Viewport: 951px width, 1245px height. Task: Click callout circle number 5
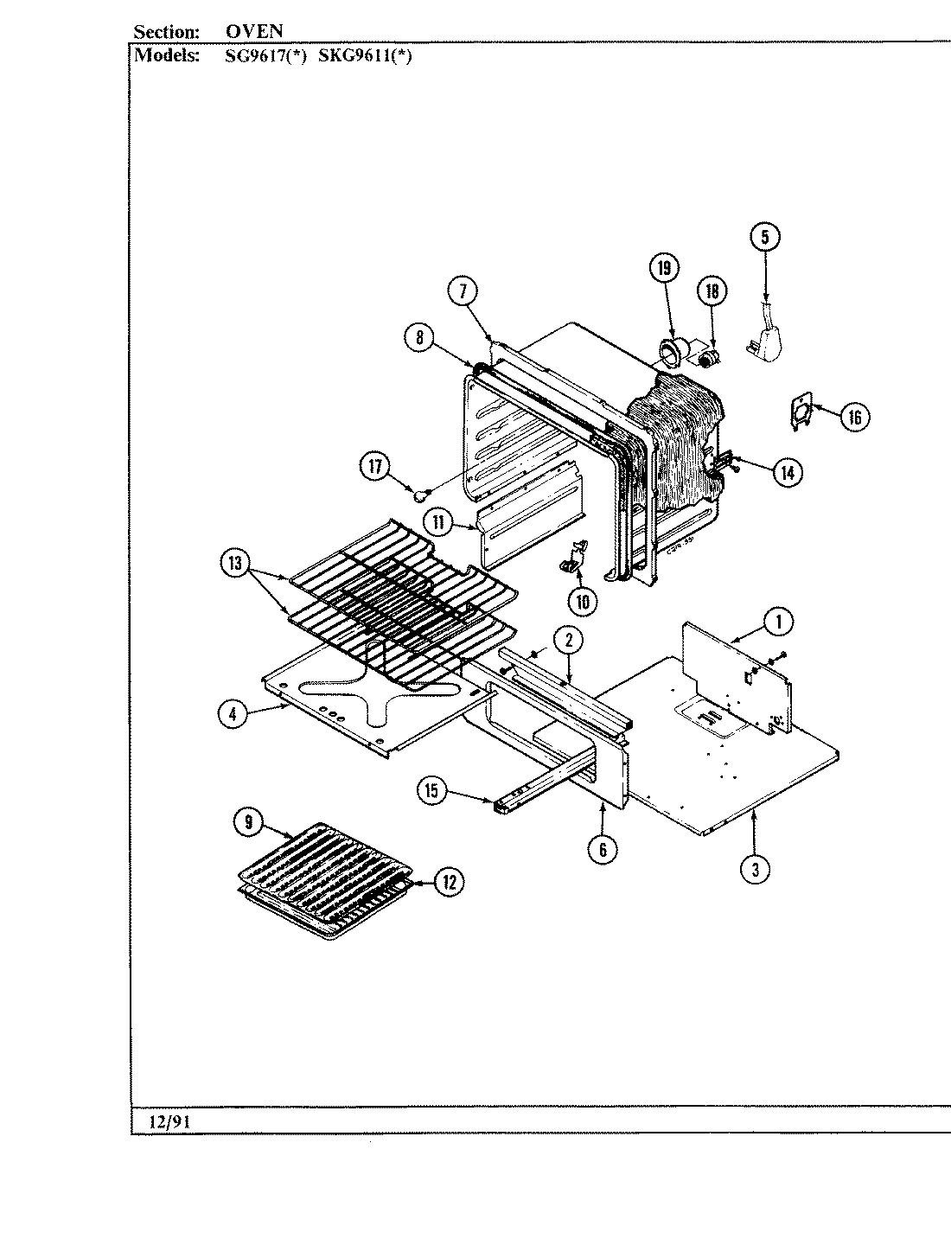pyautogui.click(x=764, y=238)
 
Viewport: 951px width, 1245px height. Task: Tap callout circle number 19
pyautogui.click(x=664, y=269)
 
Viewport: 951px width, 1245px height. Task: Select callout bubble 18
pyautogui.click(x=712, y=290)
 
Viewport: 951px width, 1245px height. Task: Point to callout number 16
pyautogui.click(x=854, y=417)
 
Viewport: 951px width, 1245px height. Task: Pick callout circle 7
pyautogui.click(x=463, y=291)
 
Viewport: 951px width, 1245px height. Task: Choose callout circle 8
pyautogui.click(x=419, y=339)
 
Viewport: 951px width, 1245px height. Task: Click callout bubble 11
pyautogui.click(x=438, y=521)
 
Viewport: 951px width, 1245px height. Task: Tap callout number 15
pyautogui.click(x=432, y=789)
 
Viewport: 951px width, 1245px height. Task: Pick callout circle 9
pyautogui.click(x=247, y=823)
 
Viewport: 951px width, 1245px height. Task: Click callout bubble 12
pyautogui.click(x=449, y=882)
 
